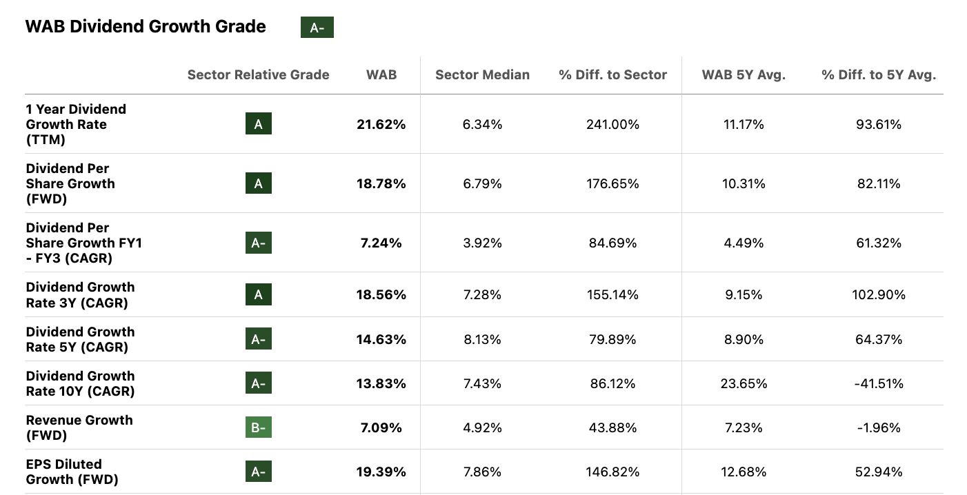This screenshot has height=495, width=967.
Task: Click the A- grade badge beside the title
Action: click(317, 28)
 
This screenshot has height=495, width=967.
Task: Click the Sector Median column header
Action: click(482, 74)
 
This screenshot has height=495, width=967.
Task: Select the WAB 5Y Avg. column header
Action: click(744, 74)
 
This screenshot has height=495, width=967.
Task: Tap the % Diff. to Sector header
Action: click(612, 74)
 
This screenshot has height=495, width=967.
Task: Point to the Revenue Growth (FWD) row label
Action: click(79, 427)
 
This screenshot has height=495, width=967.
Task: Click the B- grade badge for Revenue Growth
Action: click(259, 427)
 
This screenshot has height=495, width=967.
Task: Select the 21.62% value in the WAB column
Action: click(381, 124)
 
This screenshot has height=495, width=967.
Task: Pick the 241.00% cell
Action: click(612, 124)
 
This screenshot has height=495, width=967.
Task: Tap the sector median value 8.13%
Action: click(482, 339)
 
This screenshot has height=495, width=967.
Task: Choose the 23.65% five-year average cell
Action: click(744, 383)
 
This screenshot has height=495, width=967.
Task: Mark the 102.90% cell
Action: click(878, 294)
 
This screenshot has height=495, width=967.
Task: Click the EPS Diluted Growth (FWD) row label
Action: click(72, 472)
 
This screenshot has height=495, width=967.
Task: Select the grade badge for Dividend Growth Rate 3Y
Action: click(259, 294)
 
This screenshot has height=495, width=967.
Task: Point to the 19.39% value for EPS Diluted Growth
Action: click(381, 472)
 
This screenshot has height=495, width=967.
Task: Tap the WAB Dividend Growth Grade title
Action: click(146, 26)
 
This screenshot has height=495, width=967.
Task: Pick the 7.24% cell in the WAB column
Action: click(381, 243)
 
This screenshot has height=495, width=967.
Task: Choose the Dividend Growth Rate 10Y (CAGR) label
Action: click(81, 383)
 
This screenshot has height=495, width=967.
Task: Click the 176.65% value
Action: click(612, 183)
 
